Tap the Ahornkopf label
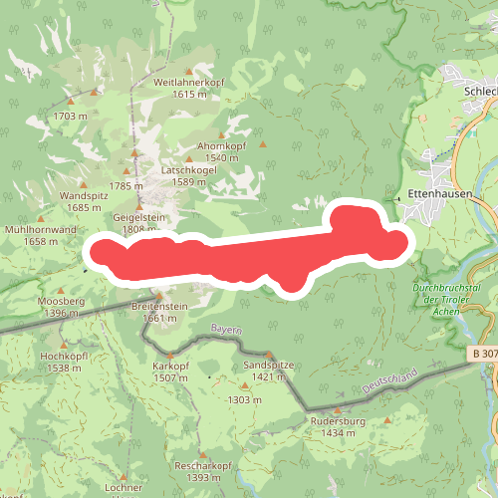(220, 145)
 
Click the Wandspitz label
(82, 195)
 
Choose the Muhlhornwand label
(40, 229)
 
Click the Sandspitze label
(269, 366)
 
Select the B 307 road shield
(482, 354)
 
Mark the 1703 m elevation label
(72, 116)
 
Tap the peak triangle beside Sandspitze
(269, 355)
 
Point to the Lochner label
(124, 488)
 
